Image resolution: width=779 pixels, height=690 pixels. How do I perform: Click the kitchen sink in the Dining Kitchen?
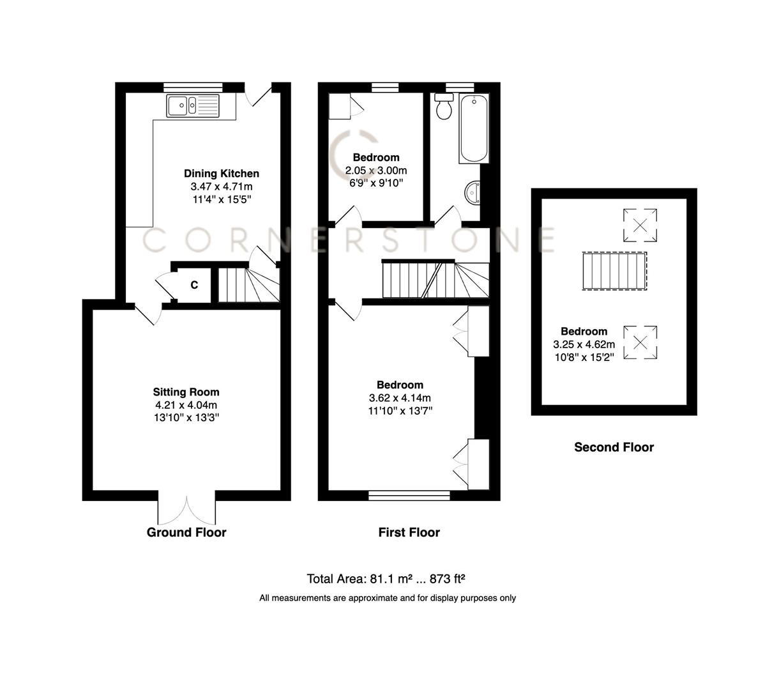tap(192, 105)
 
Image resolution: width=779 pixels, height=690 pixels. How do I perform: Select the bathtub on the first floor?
tap(474, 128)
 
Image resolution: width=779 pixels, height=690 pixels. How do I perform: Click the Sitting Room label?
tap(186, 392)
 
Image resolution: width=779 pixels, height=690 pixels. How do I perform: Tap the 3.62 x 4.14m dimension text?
tap(400, 398)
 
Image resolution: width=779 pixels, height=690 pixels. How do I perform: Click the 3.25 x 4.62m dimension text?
tap(584, 344)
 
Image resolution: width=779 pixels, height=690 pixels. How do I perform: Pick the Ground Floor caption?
tap(186, 532)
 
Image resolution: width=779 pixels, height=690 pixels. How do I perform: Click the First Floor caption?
tap(409, 532)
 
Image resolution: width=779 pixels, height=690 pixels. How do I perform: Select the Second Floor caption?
tap(614, 447)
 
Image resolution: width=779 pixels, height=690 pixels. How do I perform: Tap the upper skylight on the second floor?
tap(640, 224)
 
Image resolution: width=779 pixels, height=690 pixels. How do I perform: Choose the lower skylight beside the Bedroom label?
tap(640, 342)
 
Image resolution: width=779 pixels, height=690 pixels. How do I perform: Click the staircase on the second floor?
tap(614, 271)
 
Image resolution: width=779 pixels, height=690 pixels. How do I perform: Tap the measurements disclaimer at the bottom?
tap(387, 598)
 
